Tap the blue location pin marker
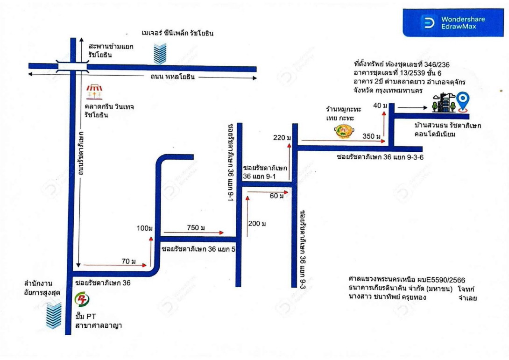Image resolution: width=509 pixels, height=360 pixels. pos(463,102)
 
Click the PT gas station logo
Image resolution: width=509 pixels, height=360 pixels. pos(82,299)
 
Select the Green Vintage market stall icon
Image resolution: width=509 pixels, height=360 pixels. pos(94,92)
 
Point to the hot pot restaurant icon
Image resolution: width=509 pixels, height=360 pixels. pos(344,131)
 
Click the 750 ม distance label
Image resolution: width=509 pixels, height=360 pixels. pos(196,227)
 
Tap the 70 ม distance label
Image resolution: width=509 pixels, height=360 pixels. pos(128,261)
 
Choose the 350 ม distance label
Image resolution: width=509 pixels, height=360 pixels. pos(371,136)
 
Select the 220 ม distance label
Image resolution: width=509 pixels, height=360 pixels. pos(282,138)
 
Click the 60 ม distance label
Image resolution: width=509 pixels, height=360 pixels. pos(276,196)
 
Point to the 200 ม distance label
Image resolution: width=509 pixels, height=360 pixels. pos(257,223)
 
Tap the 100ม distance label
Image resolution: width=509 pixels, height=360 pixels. pos(144,228)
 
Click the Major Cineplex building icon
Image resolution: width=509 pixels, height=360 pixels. pos(160,54)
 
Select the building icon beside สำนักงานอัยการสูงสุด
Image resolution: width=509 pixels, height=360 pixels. pos(54,315)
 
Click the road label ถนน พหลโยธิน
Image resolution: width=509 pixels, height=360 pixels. pos(173,77)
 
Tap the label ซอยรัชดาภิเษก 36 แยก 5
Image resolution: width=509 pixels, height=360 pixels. pos(198,249)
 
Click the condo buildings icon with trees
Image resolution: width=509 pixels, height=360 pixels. pos(444,103)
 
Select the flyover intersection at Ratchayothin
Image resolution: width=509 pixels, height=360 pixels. pos(73,66)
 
